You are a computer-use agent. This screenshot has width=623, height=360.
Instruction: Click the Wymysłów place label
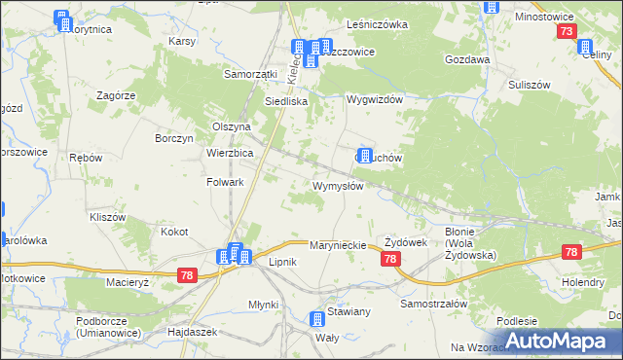(x=338, y=186)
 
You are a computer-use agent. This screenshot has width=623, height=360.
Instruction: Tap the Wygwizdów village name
(x=377, y=100)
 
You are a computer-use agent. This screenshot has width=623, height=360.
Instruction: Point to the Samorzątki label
(x=251, y=73)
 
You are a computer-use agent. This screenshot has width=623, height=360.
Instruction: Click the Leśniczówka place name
(x=377, y=23)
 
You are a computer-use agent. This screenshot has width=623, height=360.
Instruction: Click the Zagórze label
(x=114, y=95)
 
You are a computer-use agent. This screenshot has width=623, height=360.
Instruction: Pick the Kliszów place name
(x=108, y=217)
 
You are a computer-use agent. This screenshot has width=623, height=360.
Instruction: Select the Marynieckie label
(x=337, y=245)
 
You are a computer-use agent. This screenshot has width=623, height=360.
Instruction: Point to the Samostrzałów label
(x=434, y=304)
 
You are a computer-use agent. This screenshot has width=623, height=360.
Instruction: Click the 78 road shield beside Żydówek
(x=390, y=259)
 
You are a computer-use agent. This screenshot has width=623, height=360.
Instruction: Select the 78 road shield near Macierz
(x=188, y=277)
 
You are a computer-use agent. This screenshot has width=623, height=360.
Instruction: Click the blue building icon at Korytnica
(x=63, y=20)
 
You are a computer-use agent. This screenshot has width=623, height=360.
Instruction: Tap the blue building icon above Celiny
(x=584, y=47)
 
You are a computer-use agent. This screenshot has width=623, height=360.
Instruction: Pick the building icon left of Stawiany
(x=316, y=318)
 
